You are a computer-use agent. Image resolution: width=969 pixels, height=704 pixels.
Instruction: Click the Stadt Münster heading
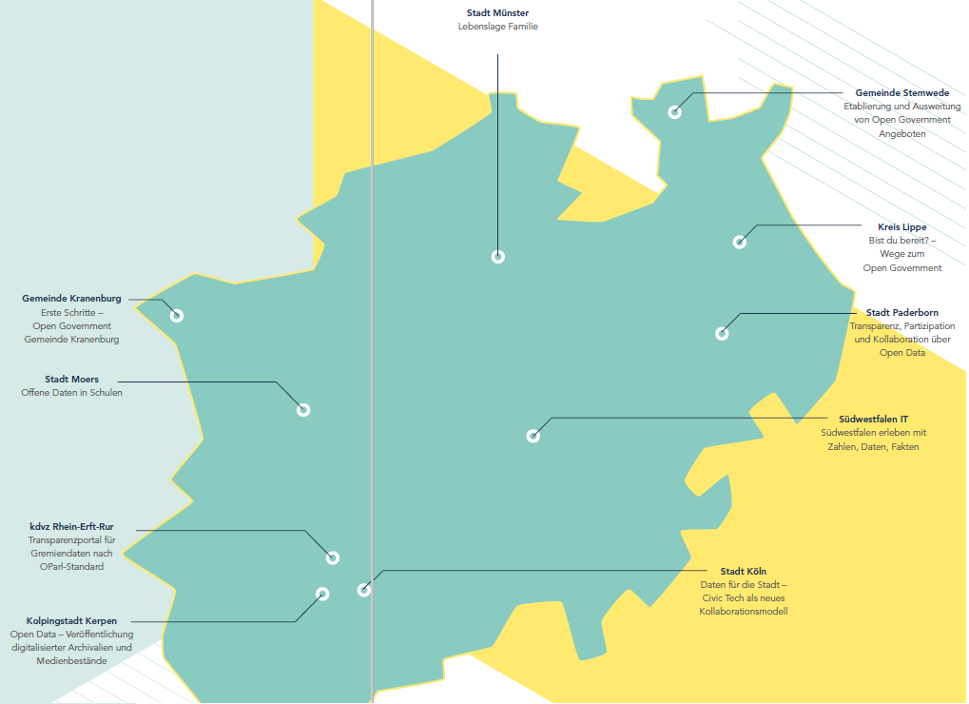pos(497,13)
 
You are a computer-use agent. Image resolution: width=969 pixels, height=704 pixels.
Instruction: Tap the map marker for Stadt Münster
pos(497,256)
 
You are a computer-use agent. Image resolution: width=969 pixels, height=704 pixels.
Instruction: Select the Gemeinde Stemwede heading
pos(901,93)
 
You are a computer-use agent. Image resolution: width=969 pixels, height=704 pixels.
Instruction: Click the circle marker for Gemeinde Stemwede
pos(674,112)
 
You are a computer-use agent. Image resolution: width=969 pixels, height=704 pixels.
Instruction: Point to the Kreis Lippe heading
pos(901,227)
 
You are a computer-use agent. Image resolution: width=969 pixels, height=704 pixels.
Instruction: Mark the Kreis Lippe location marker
pos(739,242)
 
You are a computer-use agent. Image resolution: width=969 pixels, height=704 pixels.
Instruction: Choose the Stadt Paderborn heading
pos(901,313)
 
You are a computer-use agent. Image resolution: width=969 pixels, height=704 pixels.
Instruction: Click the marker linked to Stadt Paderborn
pos(722,333)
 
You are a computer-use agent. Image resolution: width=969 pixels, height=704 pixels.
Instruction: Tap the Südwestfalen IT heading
pos(873,419)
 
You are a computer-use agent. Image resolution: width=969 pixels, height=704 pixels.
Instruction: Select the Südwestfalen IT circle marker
pos(533,436)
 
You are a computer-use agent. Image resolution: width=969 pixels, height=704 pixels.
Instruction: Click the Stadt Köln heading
pos(743,571)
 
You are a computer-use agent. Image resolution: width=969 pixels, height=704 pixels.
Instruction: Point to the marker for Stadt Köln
pos(363,590)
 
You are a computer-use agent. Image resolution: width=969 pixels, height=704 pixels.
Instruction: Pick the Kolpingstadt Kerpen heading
pos(71,621)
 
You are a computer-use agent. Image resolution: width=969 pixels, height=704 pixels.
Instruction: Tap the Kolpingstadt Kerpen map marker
pos(321,594)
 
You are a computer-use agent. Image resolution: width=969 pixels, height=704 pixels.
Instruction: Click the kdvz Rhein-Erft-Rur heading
pos(71,527)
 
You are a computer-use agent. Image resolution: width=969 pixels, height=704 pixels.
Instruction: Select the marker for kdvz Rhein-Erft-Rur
pos(332,558)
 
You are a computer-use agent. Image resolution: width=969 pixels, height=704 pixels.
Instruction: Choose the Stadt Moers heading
pos(71,380)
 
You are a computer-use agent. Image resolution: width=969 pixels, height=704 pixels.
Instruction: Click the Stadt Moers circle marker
pos(303,410)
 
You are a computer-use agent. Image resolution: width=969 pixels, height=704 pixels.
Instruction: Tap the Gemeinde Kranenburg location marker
pos(176,316)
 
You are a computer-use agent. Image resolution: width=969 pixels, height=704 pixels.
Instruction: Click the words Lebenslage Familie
pos(497,27)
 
